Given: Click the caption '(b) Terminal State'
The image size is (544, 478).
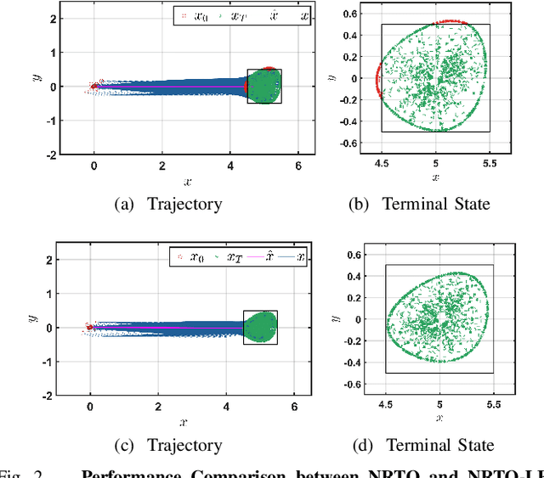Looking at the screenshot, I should pos(436,204).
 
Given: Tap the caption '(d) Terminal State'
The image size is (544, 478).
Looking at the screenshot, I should pos(440,445).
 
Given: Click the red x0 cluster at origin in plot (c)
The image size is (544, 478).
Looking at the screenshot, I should pos(89,326).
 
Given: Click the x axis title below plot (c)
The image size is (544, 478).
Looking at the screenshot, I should pos(184,422).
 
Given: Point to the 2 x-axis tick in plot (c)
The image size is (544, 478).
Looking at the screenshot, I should pos(158,406).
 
